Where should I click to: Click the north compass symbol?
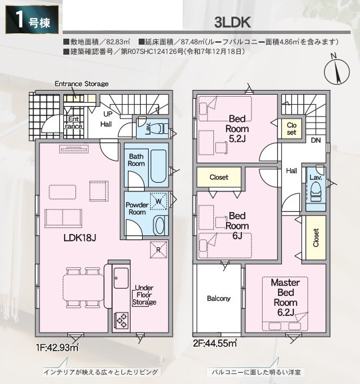click(x=337, y=71)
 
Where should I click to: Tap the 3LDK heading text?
click(x=232, y=23)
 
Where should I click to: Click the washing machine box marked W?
click(x=159, y=201)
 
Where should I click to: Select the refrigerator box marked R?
click(x=159, y=250)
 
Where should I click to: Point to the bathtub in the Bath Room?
click(x=159, y=166)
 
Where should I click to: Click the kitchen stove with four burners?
click(x=121, y=320)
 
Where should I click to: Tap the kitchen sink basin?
click(x=121, y=278)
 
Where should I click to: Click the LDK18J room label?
click(x=79, y=237)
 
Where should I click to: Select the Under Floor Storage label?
click(x=144, y=295)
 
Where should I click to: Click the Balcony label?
click(x=219, y=298)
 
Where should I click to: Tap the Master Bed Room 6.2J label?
click(x=285, y=297)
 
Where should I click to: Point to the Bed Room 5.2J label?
click(x=237, y=129)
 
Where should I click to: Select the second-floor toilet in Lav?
click(x=316, y=193)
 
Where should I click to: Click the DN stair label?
click(x=316, y=140)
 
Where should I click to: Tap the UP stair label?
click(x=108, y=114)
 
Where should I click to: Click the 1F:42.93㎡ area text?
click(x=57, y=347)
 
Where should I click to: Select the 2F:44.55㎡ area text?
click(x=215, y=343)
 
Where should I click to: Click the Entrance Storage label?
click(x=81, y=84)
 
